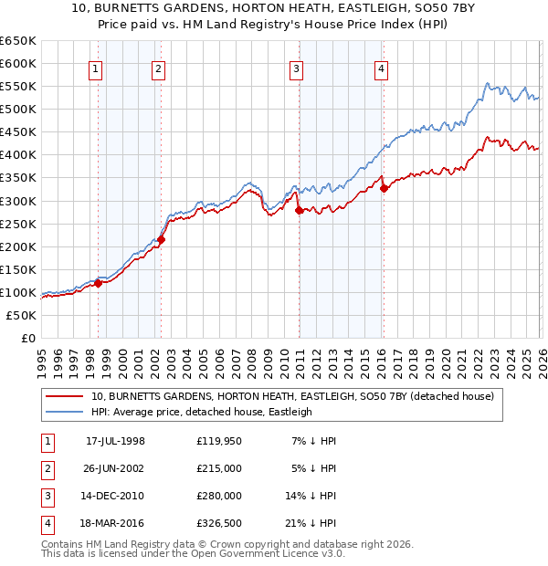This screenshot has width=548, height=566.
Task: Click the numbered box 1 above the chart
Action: coord(97,68)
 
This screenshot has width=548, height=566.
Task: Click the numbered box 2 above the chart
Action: coord(158,68)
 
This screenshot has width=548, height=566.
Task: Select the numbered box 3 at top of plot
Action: coord(297,68)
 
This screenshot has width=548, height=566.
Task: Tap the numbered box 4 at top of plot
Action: coord(381,68)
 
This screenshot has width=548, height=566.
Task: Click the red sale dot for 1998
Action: coord(99,283)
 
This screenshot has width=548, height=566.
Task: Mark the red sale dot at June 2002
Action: coord(162,240)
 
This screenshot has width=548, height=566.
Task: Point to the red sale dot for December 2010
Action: coord(299,210)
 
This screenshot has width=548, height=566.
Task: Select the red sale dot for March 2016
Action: coord(384,189)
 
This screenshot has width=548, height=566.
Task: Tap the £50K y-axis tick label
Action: coord(21,315)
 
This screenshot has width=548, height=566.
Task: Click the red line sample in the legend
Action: coord(65,396)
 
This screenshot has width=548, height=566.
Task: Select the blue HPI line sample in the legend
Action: coord(65,412)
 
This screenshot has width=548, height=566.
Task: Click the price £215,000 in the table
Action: coord(219,468)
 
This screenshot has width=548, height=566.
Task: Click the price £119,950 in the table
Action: coord(219,441)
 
